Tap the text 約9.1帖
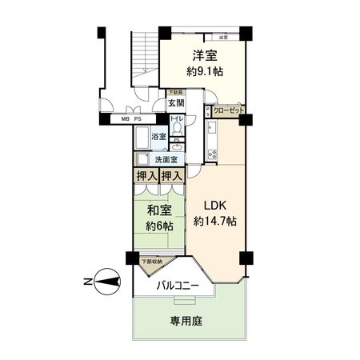click(x=206, y=71)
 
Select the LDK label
click(x=214, y=203)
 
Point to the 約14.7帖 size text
click(x=214, y=220)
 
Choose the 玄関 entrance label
click(x=177, y=104)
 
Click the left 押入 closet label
click(x=144, y=175)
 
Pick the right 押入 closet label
click(x=171, y=175)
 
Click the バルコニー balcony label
click(x=178, y=285)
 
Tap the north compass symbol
click(x=103, y=280)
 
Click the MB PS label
click(x=131, y=119)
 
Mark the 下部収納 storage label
click(x=150, y=262)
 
